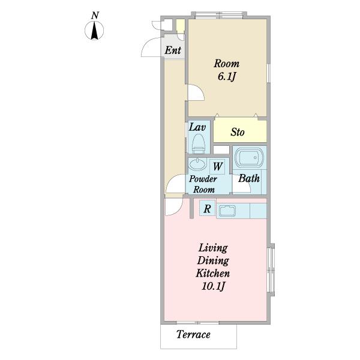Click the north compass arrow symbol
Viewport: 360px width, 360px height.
tap(94, 31)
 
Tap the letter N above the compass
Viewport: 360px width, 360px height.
tap(95, 16)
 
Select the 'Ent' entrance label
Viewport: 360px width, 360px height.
tap(173, 50)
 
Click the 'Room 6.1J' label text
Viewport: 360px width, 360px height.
tap(227, 70)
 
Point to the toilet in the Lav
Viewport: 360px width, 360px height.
tap(198, 143)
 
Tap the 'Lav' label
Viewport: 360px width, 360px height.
tap(197, 127)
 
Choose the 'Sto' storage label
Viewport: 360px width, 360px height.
tap(238, 132)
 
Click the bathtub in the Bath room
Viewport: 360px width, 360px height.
tap(250, 157)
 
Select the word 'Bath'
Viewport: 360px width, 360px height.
tap(248, 178)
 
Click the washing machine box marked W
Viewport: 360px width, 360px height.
tap(217, 166)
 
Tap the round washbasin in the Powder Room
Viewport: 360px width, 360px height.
tap(197, 164)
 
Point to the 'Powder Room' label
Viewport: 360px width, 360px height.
tap(203, 184)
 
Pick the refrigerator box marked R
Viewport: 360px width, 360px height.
tap(207, 208)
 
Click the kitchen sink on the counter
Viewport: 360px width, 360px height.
tap(227, 211)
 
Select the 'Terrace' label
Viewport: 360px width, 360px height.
tap(193, 334)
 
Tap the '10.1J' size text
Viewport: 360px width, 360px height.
tap(213, 286)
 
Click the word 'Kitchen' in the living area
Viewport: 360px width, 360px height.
tap(213, 273)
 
